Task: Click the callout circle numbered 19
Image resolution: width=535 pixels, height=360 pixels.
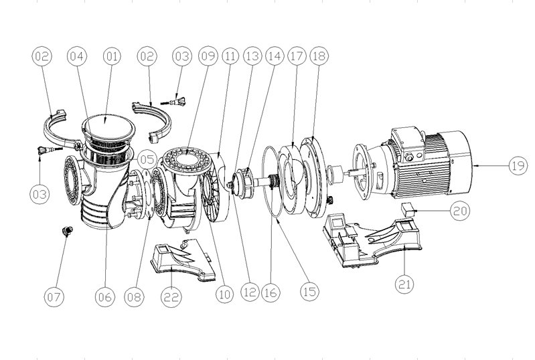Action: (x=516, y=166)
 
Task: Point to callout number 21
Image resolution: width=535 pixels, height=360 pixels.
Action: (x=404, y=284)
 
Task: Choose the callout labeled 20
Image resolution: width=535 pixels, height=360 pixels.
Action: (x=459, y=211)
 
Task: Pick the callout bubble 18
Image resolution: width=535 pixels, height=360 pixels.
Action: (x=318, y=58)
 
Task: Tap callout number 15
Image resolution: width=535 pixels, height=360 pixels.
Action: (x=309, y=292)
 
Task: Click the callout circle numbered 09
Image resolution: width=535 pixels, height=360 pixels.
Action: (x=208, y=58)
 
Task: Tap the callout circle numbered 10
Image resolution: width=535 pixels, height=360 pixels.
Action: (x=223, y=292)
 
